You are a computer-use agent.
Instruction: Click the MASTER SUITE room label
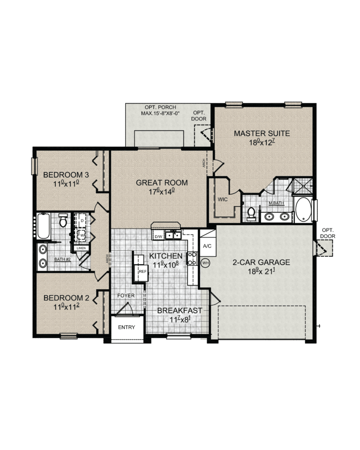(262, 134)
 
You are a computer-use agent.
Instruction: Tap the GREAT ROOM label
(162, 183)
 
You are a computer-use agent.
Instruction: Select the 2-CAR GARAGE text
(261, 262)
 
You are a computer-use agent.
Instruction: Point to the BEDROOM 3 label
(66, 175)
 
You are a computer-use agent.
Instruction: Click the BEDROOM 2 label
(66, 298)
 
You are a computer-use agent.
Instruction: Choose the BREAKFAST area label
(180, 310)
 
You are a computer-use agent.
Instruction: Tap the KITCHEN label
(165, 256)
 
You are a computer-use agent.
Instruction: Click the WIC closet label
(223, 199)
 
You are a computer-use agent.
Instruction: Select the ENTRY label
(126, 327)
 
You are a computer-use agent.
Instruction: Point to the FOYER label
(126, 296)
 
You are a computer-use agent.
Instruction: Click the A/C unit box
(207, 245)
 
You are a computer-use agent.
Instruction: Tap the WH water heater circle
(205, 263)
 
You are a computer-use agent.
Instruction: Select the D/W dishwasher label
(158, 237)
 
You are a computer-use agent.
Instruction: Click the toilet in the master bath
(251, 214)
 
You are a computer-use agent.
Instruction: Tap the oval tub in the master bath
(303, 210)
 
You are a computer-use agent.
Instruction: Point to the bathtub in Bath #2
(43, 226)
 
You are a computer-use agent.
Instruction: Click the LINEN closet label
(82, 248)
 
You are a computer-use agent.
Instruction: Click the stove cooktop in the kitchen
(192, 258)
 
